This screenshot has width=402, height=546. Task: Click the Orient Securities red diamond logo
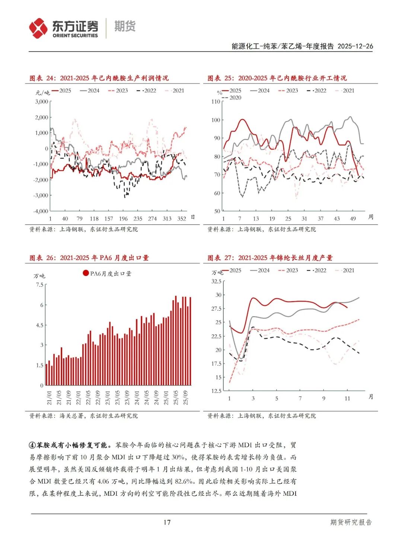click(38, 28)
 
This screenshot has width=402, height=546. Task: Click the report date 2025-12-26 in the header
click(355, 46)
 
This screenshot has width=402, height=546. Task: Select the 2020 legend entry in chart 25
click(231, 98)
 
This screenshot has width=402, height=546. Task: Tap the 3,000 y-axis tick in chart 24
click(42, 101)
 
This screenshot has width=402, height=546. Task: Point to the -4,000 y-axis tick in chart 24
click(41, 211)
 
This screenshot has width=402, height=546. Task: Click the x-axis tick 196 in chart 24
click(123, 219)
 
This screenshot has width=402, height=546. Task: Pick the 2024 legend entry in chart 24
click(90, 91)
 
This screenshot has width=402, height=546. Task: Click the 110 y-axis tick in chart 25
click(216, 101)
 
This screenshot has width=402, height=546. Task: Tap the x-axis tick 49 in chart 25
click(353, 219)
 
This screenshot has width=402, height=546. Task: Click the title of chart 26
click(89, 258)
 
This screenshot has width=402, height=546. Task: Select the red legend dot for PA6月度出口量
click(86, 273)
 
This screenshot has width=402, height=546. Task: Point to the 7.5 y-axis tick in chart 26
click(40, 285)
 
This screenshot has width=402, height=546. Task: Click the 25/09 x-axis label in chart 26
click(186, 397)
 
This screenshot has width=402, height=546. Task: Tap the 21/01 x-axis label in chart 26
click(49, 397)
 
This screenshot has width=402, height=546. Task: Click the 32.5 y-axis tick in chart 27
click(216, 281)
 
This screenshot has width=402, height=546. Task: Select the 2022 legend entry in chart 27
click(317, 270)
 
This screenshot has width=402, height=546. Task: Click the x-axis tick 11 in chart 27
click(347, 399)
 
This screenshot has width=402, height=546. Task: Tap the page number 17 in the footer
click(167, 522)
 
